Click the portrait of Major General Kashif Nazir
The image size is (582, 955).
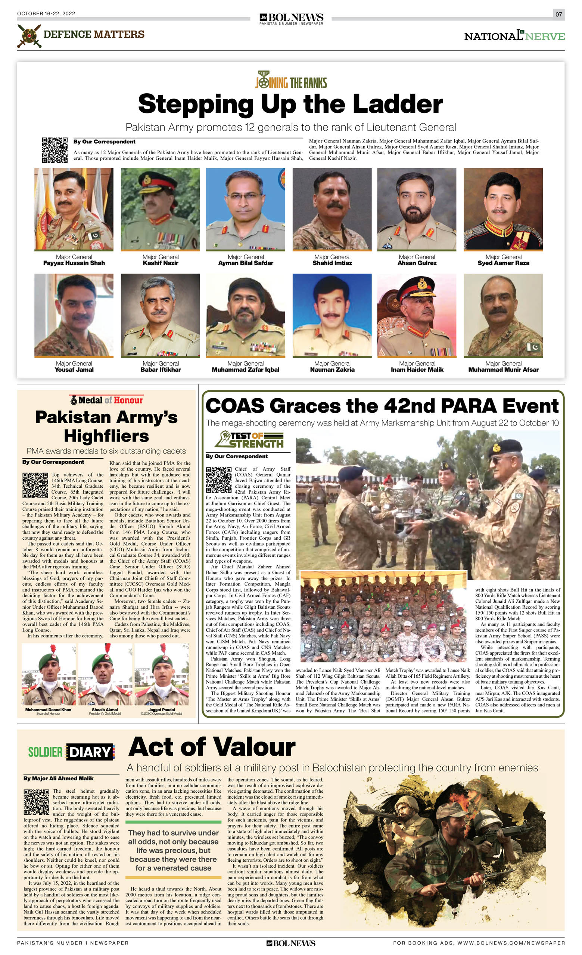tap(160, 209)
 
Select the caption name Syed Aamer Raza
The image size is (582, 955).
tap(503, 263)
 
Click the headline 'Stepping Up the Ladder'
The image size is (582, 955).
tap(290, 104)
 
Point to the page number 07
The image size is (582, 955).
tap(558, 14)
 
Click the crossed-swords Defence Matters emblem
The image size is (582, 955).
tap(29, 36)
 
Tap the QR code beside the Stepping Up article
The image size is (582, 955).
tap(55, 150)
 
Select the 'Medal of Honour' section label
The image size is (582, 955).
tap(107, 400)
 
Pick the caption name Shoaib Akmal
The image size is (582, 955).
tap(105, 710)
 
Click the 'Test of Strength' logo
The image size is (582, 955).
tap(249, 440)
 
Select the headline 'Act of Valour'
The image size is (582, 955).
tap(212, 747)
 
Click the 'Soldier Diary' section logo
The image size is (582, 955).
tap(71, 752)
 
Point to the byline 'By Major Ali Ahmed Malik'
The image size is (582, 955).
tap(58, 778)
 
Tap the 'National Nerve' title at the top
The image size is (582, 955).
tap(514, 36)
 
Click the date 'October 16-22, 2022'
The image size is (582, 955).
tap(46, 13)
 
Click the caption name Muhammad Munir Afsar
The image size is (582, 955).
tap(503, 370)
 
